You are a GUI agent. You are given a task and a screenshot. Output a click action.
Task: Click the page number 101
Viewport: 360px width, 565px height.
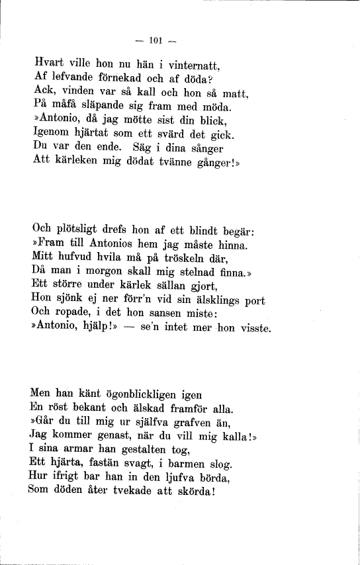pyautogui.click(x=156, y=40)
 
